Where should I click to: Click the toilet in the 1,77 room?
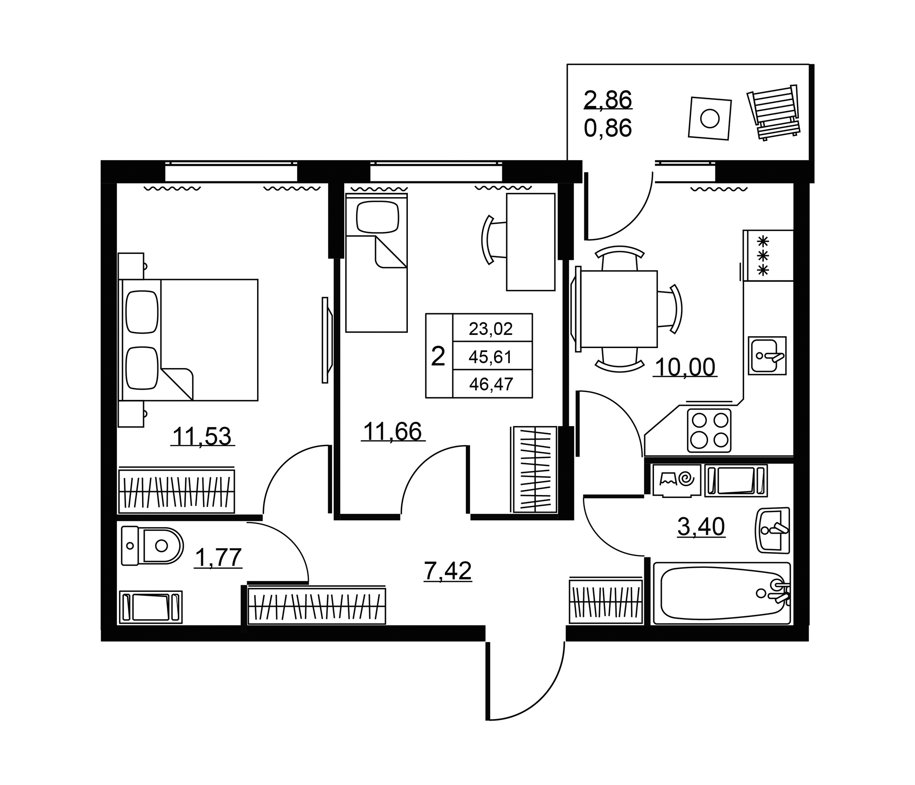tap(152, 546)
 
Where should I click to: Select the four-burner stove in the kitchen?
tap(709, 430)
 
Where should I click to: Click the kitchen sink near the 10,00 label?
tap(767, 355)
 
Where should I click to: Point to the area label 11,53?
tap(202, 437)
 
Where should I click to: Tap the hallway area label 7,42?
tap(448, 570)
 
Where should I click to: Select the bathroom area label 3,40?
tap(701, 526)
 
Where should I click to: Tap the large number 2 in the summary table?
tap(438, 356)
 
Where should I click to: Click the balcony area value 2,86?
tap(608, 99)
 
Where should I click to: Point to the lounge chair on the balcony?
tap(774, 112)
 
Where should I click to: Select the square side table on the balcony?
tap(710, 118)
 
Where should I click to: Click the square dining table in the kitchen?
tap(619, 309)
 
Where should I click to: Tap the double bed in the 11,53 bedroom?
tap(188, 340)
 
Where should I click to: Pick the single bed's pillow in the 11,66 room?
tap(378, 217)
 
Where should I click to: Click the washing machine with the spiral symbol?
tap(676, 481)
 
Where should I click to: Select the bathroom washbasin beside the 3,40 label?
tap(773, 530)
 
